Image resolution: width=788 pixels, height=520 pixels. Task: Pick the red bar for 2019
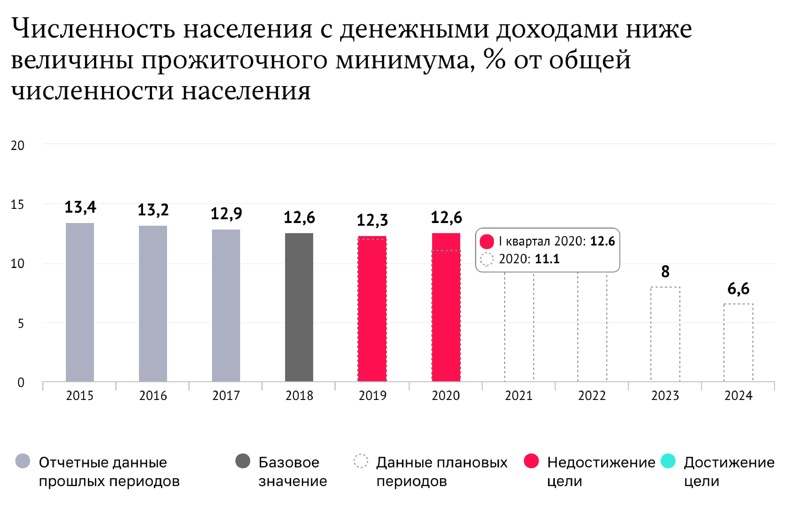point(372,308)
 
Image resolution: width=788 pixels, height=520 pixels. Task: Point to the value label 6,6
point(738,288)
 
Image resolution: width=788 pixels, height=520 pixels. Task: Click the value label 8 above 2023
point(665,272)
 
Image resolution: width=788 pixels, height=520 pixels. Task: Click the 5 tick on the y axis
point(20,323)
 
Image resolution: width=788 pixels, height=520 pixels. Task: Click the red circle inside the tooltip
point(487,241)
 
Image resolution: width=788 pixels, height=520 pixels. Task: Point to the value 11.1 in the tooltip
point(547,259)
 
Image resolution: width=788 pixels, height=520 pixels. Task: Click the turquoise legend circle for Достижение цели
point(668,461)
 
